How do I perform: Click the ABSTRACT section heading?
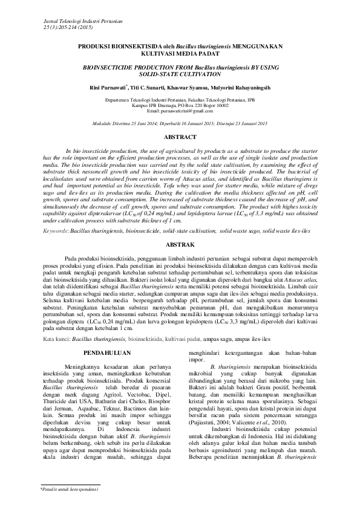click(180, 138)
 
